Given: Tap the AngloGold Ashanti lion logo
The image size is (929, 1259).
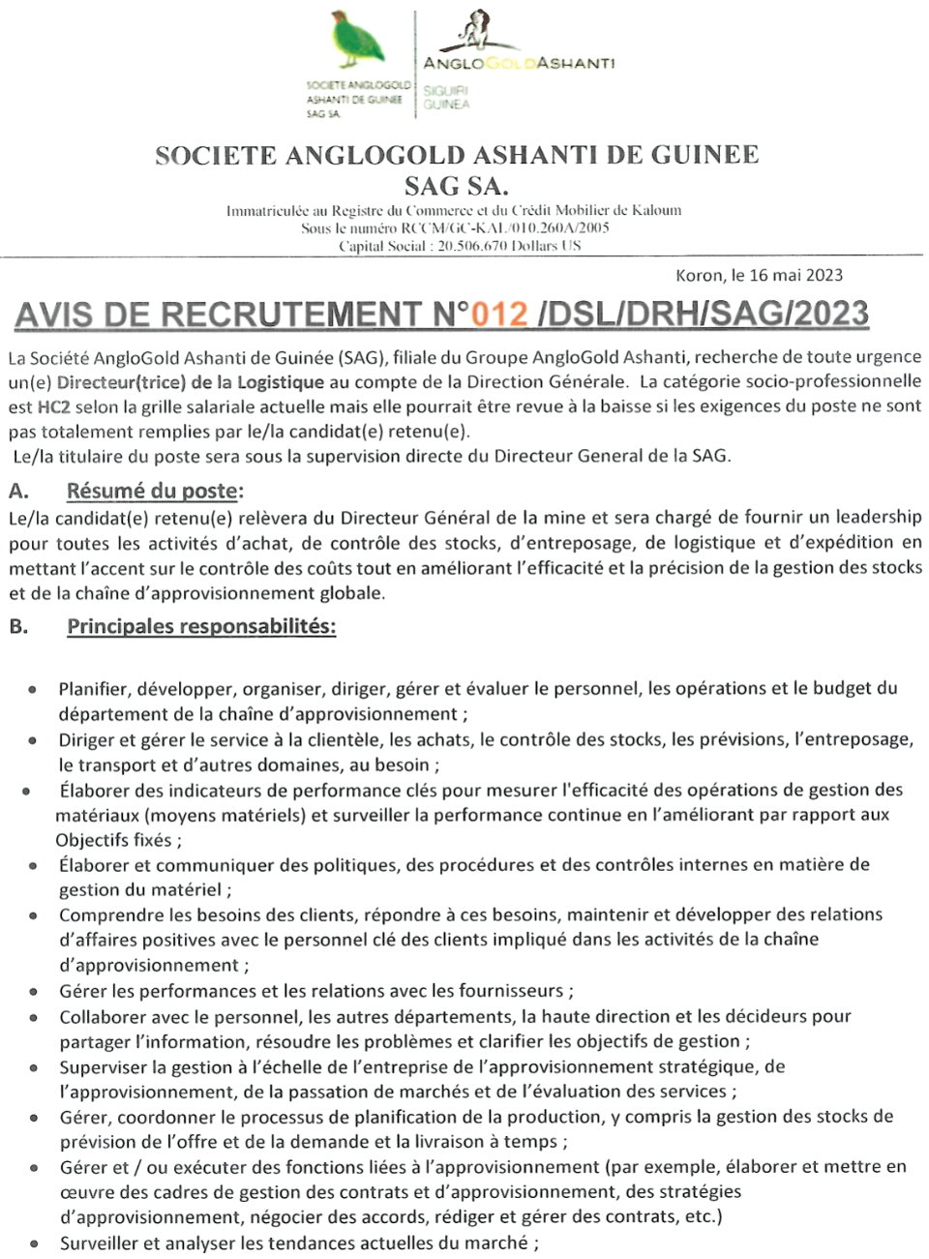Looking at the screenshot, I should coord(475,30).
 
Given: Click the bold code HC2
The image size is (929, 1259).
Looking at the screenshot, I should coord(54,407).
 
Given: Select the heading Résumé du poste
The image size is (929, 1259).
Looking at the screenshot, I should coord(154,491).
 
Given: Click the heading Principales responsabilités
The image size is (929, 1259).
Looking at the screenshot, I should coord(201,626).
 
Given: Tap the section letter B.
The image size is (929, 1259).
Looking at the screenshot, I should coord(17,626).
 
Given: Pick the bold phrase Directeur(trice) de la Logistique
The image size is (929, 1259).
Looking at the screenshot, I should coord(191,382).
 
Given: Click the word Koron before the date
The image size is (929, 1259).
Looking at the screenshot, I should coord(699,276).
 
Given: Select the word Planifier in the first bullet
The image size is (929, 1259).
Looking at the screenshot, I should coord(94,689).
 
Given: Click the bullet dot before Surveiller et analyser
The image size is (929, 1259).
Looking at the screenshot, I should coord(34,1244).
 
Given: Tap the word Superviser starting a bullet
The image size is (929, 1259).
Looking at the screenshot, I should coord(104,1067).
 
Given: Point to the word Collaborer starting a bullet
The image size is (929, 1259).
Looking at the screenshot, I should coord(104,1017).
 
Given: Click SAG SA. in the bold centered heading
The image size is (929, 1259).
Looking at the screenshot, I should coord(456,184).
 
